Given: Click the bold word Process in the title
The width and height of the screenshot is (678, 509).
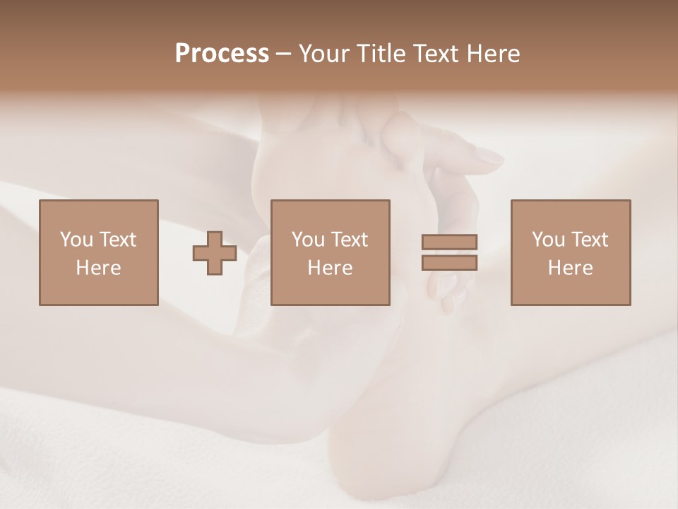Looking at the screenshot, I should pos(222,54).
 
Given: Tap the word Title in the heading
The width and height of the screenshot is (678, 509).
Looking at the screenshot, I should pos(381,54).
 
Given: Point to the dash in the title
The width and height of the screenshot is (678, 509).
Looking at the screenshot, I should pos(283,54).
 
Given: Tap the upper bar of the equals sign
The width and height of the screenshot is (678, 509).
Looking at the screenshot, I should pos(449,242).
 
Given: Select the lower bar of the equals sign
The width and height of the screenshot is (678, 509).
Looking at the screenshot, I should pos(449,262).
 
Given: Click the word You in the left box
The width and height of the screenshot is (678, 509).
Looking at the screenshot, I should pos(76,240).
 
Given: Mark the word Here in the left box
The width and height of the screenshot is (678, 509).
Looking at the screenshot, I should pos(98,268).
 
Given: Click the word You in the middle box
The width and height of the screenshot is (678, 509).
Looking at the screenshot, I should pos(308,240).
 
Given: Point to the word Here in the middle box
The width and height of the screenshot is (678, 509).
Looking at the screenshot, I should pos(330,268).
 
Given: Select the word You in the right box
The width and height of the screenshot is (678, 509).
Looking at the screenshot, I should pos(548,240).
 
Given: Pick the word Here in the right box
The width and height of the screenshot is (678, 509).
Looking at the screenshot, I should pos(570,268).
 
